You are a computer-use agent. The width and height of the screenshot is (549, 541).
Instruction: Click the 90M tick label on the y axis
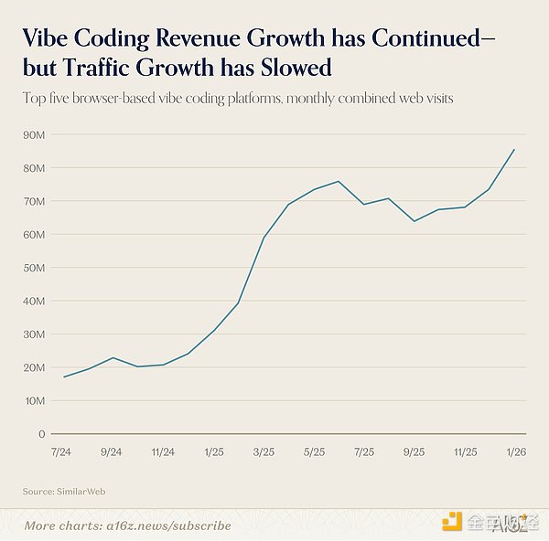pyautogui.click(x=35, y=134)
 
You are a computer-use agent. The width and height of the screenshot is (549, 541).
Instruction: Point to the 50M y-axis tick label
pyautogui.click(x=35, y=268)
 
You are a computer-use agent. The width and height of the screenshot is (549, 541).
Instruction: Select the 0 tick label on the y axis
pyautogui.click(x=42, y=434)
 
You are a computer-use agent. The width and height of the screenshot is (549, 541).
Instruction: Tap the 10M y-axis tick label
pyautogui.click(x=35, y=401)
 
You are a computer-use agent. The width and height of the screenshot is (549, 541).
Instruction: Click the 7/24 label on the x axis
pyautogui.click(x=63, y=451)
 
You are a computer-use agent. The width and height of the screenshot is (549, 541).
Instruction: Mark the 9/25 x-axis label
pyautogui.click(x=414, y=451)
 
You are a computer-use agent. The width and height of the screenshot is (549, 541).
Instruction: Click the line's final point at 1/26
pyautogui.click(x=514, y=149)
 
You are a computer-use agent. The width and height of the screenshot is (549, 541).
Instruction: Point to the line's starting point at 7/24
pyautogui.click(x=63, y=377)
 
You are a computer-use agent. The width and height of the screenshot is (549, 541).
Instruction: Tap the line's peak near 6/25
pyautogui.click(x=339, y=181)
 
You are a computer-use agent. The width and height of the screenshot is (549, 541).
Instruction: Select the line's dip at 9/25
pyautogui.click(x=414, y=221)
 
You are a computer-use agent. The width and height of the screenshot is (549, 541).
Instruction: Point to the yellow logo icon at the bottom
pyautogui.click(x=451, y=522)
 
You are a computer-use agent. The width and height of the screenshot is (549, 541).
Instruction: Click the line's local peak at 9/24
pyautogui.click(x=113, y=357)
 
